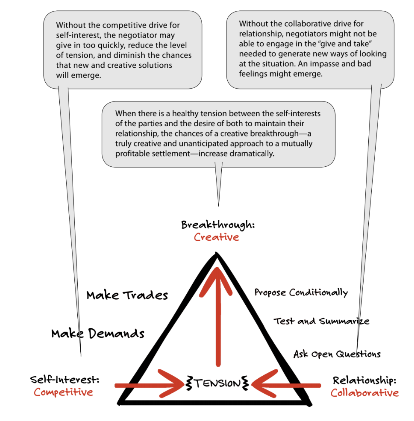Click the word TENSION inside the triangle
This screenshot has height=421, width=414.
pyautogui.click(x=217, y=383)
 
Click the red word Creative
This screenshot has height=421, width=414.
pyautogui.click(x=217, y=237)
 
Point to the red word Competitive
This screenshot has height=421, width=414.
pyautogui.click(x=63, y=392)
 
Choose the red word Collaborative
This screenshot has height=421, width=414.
pyautogui.click(x=364, y=393)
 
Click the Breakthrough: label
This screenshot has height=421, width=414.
pyautogui.click(x=218, y=225)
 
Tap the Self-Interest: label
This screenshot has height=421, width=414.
pyautogui.click(x=65, y=379)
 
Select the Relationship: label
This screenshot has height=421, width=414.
pyautogui.click(x=364, y=380)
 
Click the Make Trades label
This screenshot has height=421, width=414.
pyautogui.click(x=127, y=295)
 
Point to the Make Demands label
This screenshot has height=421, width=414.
pyautogui.click(x=98, y=333)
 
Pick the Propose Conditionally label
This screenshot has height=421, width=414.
pyautogui.click(x=301, y=293)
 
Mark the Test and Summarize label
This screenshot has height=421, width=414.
pyautogui.click(x=321, y=321)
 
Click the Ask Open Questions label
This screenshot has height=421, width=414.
pyautogui.click(x=337, y=354)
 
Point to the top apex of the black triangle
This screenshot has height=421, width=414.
pyautogui.click(x=217, y=254)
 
